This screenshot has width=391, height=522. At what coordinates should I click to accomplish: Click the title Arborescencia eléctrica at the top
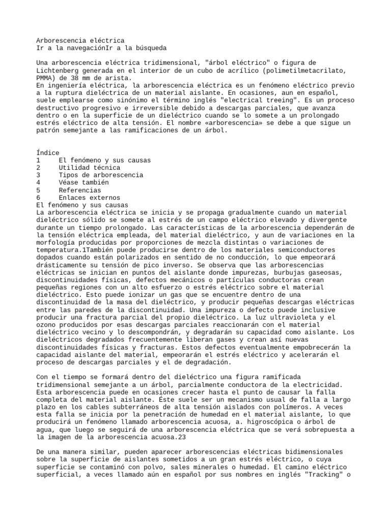(80, 40)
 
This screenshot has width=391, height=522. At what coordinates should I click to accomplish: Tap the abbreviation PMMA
(44, 78)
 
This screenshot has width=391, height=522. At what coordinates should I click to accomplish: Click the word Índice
(48, 152)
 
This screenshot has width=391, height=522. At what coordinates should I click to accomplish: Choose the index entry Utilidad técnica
(90, 168)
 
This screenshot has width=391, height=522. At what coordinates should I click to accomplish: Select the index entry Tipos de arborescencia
(101, 175)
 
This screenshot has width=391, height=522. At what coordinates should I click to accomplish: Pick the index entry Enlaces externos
(90, 198)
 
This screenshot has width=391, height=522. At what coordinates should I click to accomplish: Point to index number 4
(39, 182)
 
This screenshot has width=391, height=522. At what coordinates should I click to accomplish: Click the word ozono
(47, 325)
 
